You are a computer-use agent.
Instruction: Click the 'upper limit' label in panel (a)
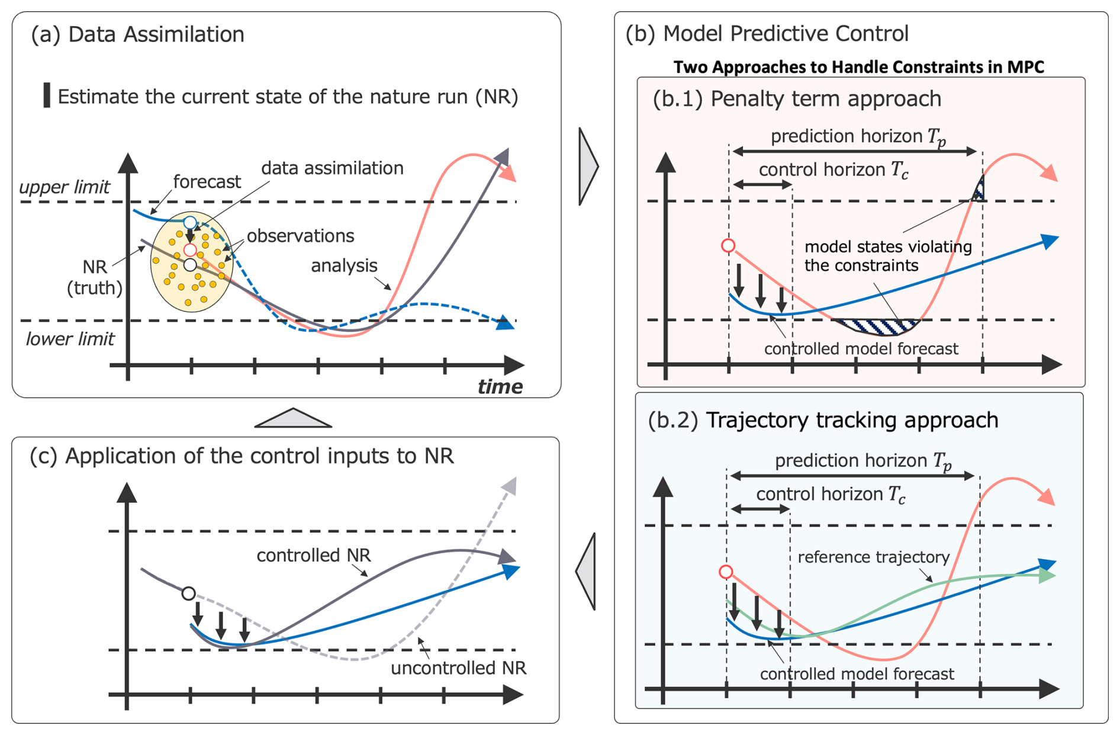65,187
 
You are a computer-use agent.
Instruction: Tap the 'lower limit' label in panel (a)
70,339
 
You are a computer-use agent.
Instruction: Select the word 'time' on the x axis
500,387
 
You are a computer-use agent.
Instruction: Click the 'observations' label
300,236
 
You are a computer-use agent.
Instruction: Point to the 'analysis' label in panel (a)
344,266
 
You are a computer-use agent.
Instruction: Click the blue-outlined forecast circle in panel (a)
189,223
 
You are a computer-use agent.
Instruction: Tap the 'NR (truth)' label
95,277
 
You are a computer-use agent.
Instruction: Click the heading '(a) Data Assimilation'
137,34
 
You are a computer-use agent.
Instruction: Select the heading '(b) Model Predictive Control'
767,34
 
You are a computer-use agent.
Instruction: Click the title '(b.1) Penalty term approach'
797,99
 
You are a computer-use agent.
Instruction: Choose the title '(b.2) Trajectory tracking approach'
823,420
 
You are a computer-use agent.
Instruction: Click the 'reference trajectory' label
873,557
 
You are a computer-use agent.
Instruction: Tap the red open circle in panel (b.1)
728,246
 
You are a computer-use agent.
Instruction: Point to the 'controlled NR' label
313,556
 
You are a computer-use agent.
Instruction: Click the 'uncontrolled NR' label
458,669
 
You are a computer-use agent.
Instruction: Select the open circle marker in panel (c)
188,593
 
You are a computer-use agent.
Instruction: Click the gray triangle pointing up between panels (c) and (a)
293,418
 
